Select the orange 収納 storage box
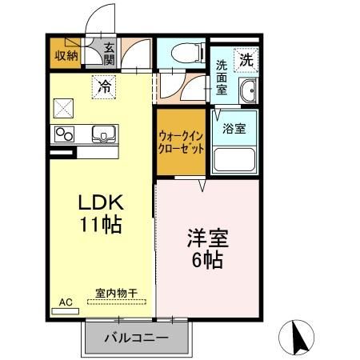click(x=66, y=54)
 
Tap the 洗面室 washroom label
click(x=221, y=78)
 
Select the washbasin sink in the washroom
click(x=248, y=92)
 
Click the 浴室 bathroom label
click(x=234, y=128)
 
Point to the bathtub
click(x=234, y=160)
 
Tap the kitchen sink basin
click(x=102, y=133)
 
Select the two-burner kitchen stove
click(x=64, y=133)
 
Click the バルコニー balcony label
click(x=137, y=338)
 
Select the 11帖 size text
click(x=100, y=226)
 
